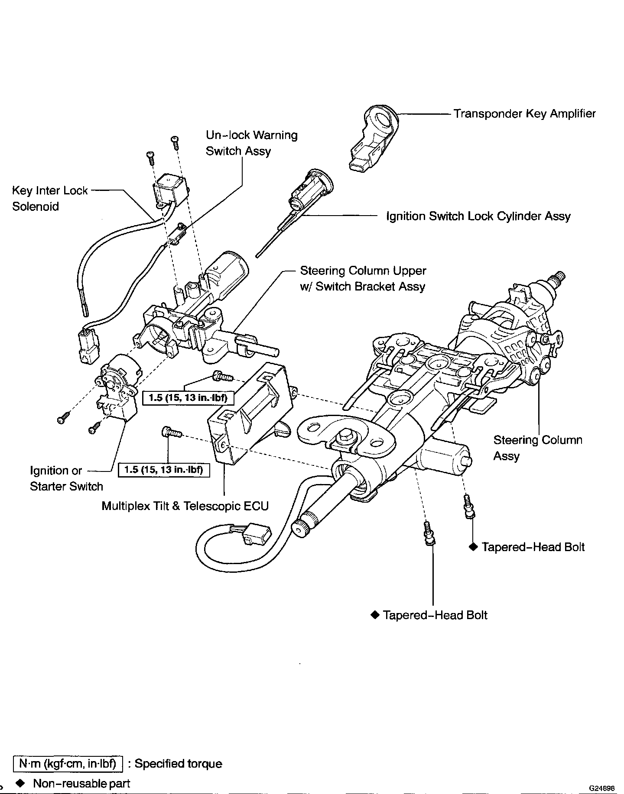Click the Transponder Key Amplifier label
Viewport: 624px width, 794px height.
click(x=524, y=114)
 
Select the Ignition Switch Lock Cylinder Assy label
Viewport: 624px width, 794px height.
click(x=478, y=216)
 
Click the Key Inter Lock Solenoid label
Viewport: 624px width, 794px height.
click(x=50, y=198)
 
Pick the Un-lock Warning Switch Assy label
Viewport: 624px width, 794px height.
click(x=251, y=143)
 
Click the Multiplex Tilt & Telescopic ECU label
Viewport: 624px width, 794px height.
click(x=185, y=506)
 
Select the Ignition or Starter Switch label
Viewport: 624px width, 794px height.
click(x=66, y=478)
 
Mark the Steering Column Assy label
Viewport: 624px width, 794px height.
click(x=538, y=448)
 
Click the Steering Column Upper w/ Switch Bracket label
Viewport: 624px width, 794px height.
click(x=363, y=278)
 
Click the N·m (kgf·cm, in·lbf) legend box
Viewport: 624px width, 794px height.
click(x=68, y=763)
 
